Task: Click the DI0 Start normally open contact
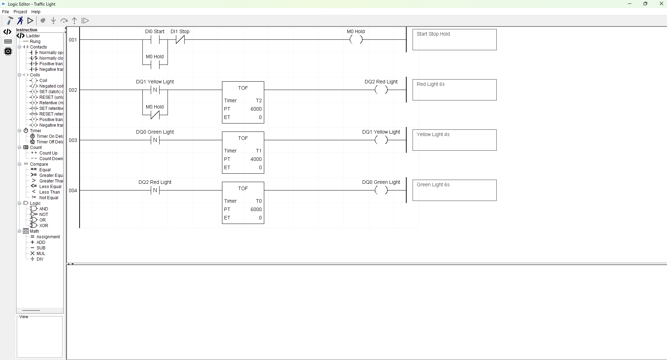pos(155,40)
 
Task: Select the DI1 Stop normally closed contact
pos(180,40)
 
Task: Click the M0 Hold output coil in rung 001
pos(356,40)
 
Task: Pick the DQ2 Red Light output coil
pos(381,90)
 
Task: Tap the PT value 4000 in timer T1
pos(256,159)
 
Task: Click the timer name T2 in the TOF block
pos(259,100)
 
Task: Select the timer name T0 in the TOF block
pos(259,201)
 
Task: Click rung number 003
pos(73,140)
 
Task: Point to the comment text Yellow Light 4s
pos(433,134)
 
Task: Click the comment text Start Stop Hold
pos(433,34)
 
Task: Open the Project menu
pos(20,12)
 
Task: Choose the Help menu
pos(36,12)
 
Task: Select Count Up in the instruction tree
pos(48,153)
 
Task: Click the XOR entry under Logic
pos(44,226)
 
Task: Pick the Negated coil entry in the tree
pos(51,86)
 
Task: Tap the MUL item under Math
pos(41,254)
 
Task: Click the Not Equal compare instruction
pos(49,198)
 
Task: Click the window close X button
pos(661,4)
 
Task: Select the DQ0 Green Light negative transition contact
pos(155,140)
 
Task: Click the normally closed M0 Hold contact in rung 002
pos(155,115)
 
